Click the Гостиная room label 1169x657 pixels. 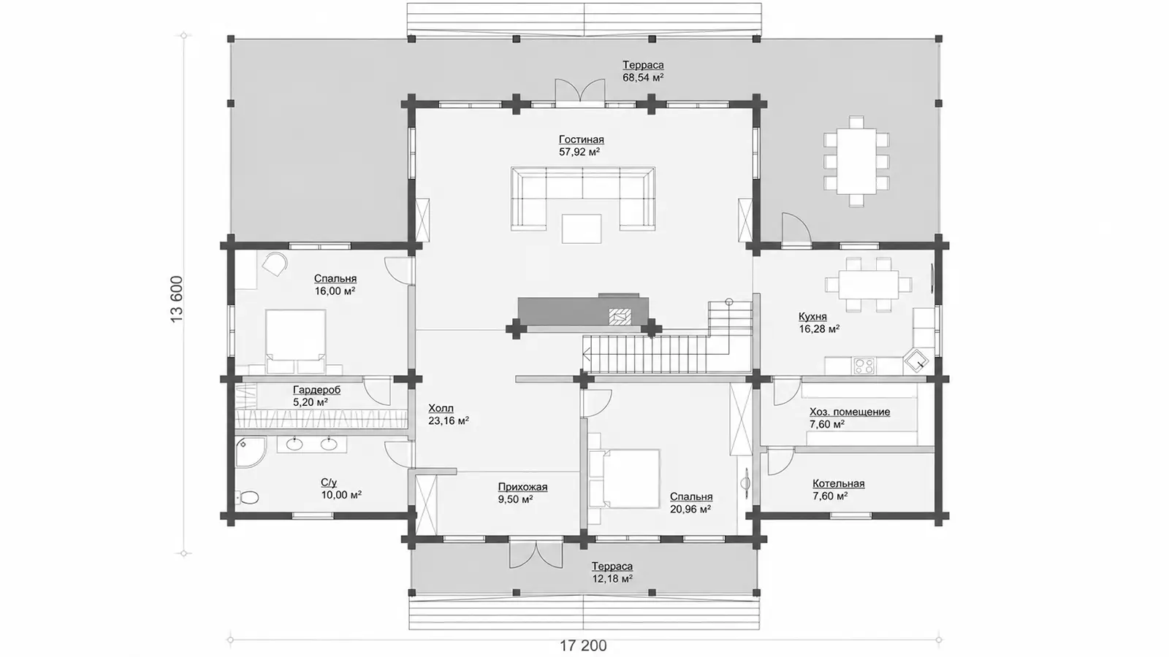click(x=582, y=139)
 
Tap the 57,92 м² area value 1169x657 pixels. click(x=579, y=153)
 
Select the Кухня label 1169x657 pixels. click(x=812, y=317)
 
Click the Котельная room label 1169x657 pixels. click(x=839, y=484)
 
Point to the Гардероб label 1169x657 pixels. click(x=317, y=390)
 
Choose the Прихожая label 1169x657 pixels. click(x=522, y=487)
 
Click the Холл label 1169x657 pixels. click(x=441, y=408)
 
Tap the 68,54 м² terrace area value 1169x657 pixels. click(x=643, y=77)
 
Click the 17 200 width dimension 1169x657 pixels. click(x=584, y=646)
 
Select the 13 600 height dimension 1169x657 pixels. click(x=177, y=299)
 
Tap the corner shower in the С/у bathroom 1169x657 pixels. click(x=250, y=452)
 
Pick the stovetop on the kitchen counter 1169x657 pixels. click(x=864, y=366)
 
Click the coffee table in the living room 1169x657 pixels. click(x=582, y=229)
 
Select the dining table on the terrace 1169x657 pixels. click(x=856, y=161)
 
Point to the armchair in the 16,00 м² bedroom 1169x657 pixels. click(x=275, y=264)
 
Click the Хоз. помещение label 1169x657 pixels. click(x=850, y=412)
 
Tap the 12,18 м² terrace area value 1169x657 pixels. click(x=612, y=579)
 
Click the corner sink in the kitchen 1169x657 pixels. click(x=916, y=361)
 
